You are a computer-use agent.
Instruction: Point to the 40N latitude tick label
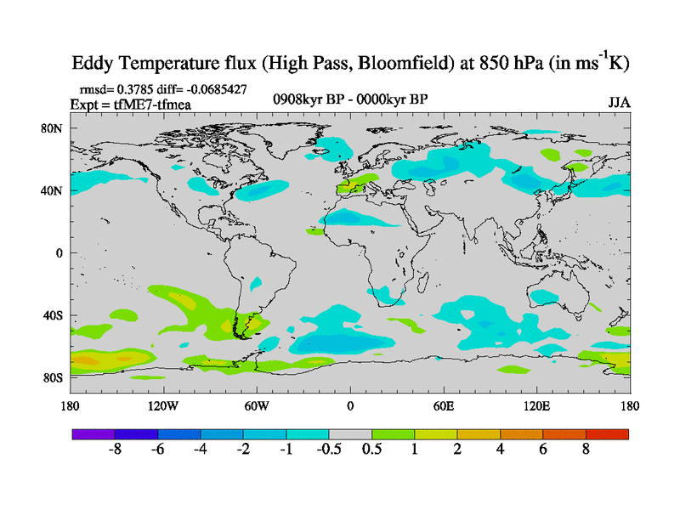(54, 190)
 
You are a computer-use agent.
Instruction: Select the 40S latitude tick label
(54, 315)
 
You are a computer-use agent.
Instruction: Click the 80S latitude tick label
(54, 377)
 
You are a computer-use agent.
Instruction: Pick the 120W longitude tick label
(162, 405)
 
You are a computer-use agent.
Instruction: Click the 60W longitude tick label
(257, 405)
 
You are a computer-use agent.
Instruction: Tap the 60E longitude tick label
(444, 405)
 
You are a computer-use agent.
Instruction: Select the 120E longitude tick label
(537, 405)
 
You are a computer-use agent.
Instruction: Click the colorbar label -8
(114, 450)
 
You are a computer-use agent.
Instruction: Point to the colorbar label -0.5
(327, 450)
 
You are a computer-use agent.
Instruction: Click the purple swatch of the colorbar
(93, 434)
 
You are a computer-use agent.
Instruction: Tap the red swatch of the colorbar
(608, 434)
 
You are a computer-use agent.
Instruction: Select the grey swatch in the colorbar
(350, 434)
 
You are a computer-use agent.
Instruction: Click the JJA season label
(620, 102)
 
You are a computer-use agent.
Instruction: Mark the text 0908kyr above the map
(297, 99)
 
